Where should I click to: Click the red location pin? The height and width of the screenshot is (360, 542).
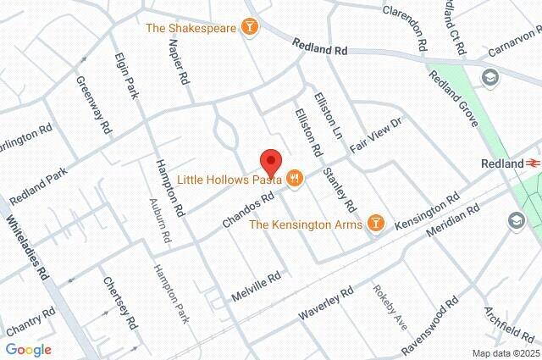tap(270, 161)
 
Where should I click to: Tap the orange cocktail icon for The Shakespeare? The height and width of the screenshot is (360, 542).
tap(250, 28)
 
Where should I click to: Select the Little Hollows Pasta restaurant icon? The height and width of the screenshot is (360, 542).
tap(294, 180)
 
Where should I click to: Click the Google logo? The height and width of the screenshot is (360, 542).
tap(29, 349)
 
